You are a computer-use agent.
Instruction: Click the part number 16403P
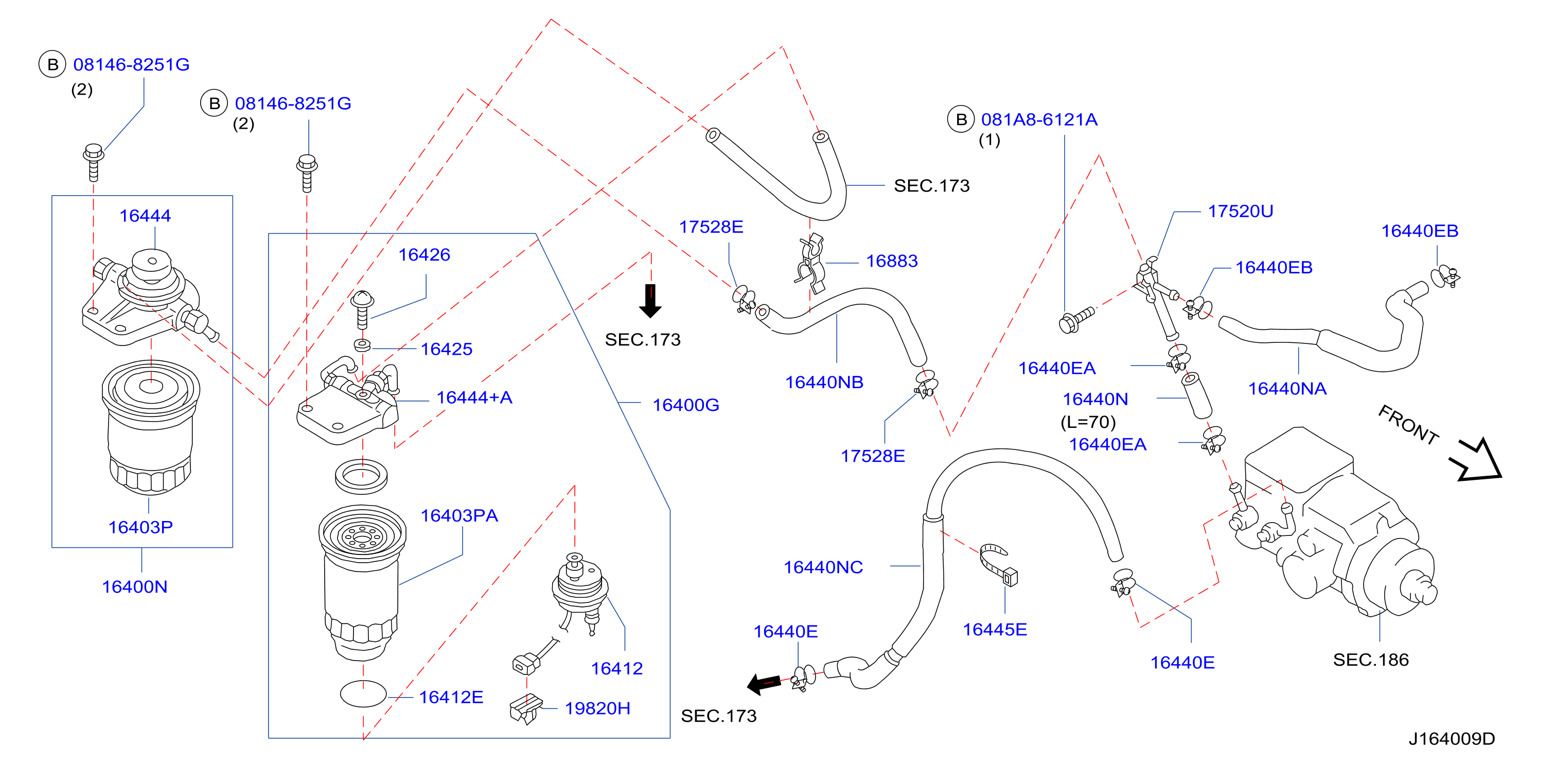point(140,527)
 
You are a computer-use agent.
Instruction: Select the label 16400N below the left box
point(135,586)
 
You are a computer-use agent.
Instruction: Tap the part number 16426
point(425,255)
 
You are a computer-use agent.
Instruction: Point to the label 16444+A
point(474,397)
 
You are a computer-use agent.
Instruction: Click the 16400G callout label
point(686,405)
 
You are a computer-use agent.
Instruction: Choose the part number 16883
point(892,261)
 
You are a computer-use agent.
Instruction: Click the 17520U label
point(1241,212)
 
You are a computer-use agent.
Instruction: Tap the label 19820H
point(597,708)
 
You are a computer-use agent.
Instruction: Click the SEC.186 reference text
point(1371,659)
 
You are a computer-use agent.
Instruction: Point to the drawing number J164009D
point(1452,739)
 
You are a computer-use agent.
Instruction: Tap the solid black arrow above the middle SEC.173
point(650,301)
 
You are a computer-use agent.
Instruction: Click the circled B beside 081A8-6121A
point(961,119)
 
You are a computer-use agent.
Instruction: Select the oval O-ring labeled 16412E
point(363,694)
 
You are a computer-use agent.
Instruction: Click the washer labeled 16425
point(362,345)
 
